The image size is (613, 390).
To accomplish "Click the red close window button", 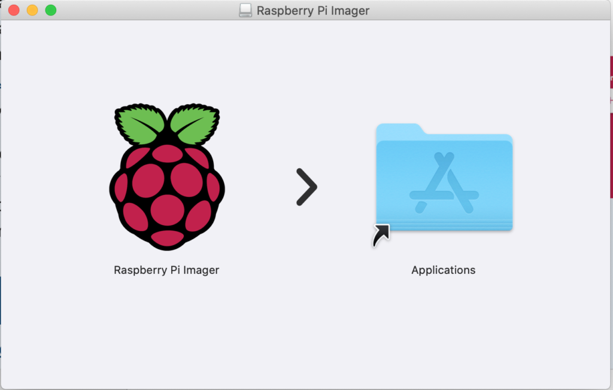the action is point(14,10).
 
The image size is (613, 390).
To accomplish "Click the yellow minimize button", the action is point(32,10).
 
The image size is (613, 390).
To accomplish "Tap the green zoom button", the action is point(51,10).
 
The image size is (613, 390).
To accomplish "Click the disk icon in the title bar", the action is point(245,11).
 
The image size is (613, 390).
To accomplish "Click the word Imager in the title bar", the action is point(350,11).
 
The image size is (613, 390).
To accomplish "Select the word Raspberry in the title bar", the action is point(285,11).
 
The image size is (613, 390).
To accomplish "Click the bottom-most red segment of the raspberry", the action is point(168,238).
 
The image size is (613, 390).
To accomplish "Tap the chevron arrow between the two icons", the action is point(307,187).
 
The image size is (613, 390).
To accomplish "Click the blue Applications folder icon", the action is point(444,178).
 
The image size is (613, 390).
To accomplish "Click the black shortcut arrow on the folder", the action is point(381,235).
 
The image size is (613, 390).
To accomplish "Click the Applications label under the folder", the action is point(444,270).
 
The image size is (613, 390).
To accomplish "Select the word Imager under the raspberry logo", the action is point(201,270).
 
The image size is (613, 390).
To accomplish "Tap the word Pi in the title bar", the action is point(322,11).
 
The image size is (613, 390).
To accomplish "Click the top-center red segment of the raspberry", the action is point(168,153).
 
